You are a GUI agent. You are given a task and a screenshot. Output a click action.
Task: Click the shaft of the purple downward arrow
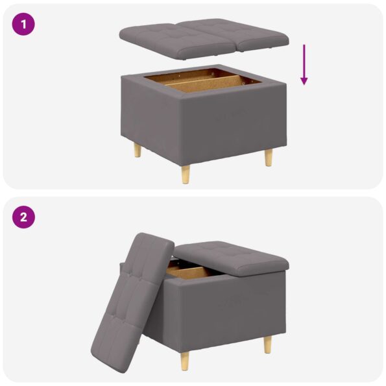tap(304, 62)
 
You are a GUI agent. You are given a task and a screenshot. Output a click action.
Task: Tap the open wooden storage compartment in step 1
tap(201, 82)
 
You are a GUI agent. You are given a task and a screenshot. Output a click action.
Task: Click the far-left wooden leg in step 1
tap(137, 151)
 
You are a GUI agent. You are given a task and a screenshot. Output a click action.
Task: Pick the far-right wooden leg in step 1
tap(268, 156)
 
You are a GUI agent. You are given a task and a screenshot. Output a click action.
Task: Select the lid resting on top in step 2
tap(230, 256)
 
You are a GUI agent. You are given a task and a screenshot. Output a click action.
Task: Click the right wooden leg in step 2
tap(267, 344)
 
